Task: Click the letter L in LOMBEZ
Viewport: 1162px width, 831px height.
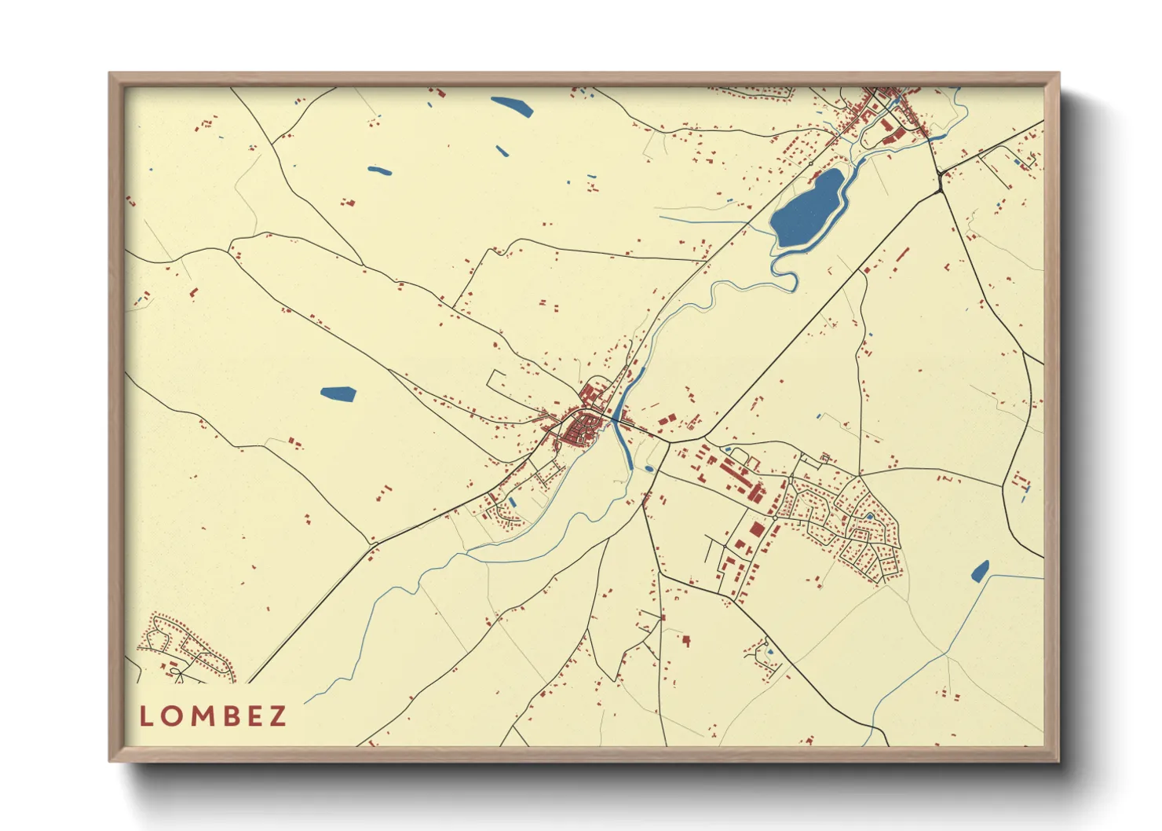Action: tap(145, 716)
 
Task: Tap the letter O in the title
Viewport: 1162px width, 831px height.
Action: tap(170, 716)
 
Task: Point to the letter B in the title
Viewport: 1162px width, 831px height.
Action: tap(228, 716)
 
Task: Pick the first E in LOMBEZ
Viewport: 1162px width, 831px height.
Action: tap(253, 716)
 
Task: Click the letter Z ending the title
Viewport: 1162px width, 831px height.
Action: tap(278, 716)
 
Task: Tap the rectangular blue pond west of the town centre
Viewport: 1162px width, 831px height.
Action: tap(338, 394)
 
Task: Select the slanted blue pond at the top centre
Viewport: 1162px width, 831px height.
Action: tap(512, 106)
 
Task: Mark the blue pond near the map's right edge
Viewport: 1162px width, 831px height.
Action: tap(980, 571)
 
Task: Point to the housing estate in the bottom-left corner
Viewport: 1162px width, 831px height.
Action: tap(185, 649)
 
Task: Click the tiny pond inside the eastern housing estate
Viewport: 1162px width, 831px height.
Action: tap(870, 517)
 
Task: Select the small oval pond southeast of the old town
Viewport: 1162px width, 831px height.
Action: tap(649, 470)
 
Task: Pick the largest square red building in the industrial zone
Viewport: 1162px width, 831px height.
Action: tap(756, 529)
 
